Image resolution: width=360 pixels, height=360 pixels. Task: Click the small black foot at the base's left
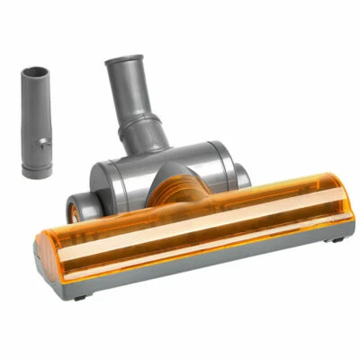[79, 295]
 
